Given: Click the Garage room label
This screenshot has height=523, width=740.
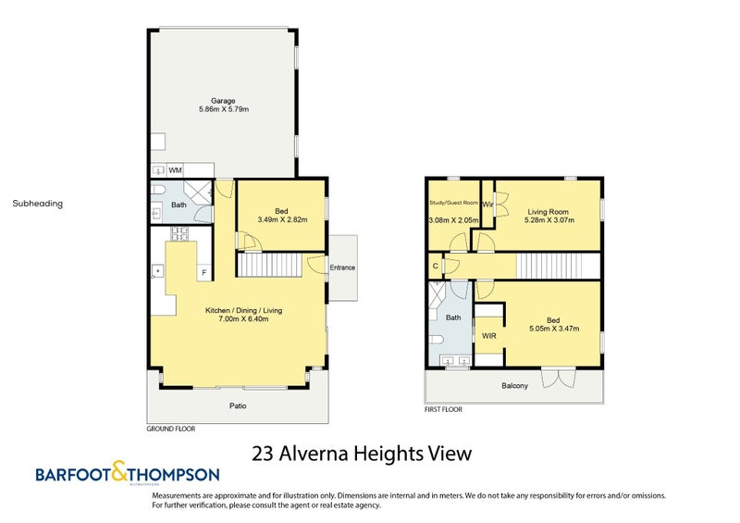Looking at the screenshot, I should (223, 100).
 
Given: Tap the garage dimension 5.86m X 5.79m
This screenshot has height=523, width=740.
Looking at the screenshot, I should (223, 109).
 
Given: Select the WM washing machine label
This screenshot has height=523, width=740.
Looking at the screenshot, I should (174, 170).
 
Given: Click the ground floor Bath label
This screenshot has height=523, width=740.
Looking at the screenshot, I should (179, 205).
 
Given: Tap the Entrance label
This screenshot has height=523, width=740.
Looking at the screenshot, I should (342, 268).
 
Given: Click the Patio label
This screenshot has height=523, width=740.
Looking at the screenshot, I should (238, 405).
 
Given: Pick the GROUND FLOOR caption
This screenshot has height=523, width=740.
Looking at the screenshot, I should (171, 429).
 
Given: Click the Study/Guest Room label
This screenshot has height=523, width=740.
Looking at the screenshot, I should (453, 202).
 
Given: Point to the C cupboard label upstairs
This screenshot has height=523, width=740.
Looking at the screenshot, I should (435, 267).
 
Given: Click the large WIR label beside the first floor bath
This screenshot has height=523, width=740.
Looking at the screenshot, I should (489, 336).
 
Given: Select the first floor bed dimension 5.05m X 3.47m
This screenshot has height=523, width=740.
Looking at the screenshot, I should (552, 330).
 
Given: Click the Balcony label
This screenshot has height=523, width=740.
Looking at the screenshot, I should (514, 386).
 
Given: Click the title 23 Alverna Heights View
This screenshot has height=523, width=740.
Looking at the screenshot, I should (362, 454).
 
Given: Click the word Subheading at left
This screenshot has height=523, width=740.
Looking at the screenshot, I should (38, 204).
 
